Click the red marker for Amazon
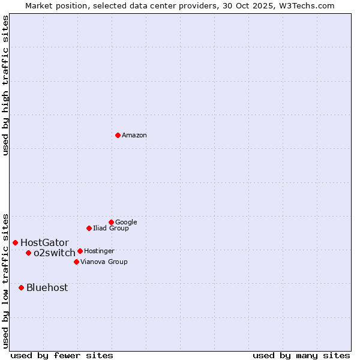coord(118,135)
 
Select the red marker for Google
coord(111,222)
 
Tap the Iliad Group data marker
coord(89,228)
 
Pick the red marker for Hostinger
coord(80,251)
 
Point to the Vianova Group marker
coord(76,262)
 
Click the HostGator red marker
coord(15,242)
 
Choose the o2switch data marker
coord(28,253)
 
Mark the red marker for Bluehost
coord(21,287)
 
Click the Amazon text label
coord(134,136)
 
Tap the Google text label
coord(126,222)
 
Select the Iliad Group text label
coord(111,228)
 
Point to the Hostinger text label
coord(99,251)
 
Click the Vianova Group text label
coord(104,262)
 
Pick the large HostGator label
coord(44,242)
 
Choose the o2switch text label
coord(55,253)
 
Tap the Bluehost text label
coord(47,287)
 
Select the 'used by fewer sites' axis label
coord(62,355)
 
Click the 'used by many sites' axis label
coord(301,355)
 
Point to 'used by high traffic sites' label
coord(5,85)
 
